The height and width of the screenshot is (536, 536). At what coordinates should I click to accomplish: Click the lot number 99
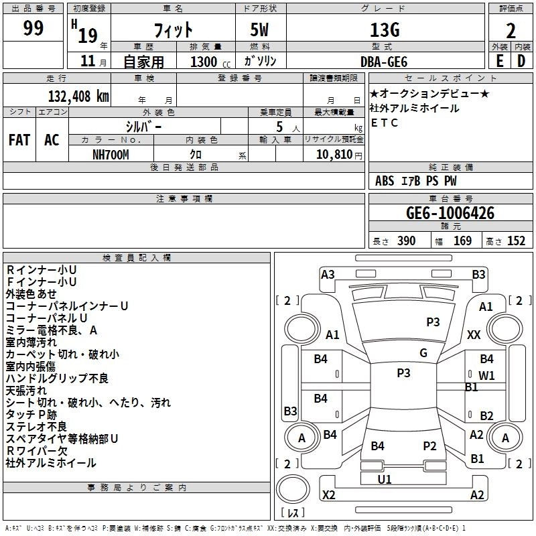[33, 28]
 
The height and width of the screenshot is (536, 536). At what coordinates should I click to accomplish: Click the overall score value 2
[511, 31]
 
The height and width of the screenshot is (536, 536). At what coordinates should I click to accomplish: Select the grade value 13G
[385, 30]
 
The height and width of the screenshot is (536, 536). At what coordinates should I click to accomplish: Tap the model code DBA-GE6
[384, 62]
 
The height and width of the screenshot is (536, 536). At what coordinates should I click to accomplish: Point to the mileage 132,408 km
[78, 96]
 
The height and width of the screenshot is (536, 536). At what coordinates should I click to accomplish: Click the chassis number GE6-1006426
[450, 213]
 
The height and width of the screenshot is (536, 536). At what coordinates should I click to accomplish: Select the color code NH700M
[111, 155]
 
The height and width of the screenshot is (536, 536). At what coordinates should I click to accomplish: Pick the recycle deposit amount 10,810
[334, 155]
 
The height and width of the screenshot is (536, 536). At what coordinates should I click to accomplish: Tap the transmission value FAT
[19, 140]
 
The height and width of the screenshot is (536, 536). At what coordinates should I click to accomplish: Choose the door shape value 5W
[259, 29]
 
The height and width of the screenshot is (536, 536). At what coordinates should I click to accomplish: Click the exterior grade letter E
[500, 61]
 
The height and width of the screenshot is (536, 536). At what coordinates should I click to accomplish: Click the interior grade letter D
[521, 61]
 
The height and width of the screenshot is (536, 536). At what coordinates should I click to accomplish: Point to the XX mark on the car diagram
[474, 335]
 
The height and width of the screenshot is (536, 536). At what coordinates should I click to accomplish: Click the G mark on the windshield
[423, 353]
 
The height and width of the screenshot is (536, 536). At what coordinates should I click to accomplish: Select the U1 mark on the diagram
[385, 480]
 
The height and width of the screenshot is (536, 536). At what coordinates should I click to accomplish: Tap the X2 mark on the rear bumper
[329, 495]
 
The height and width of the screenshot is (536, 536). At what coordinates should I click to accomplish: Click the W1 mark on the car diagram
[487, 376]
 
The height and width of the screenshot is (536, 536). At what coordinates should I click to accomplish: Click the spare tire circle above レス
[293, 489]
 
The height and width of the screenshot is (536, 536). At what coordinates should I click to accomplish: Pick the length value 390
[407, 241]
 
